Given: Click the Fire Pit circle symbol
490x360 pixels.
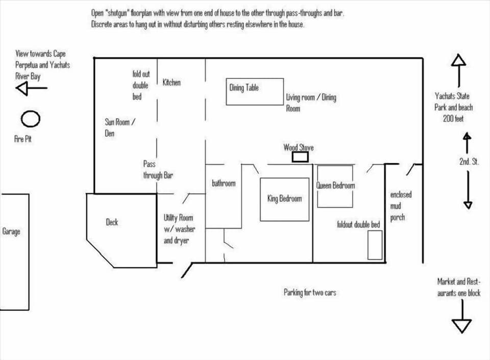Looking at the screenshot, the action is [x=31, y=119].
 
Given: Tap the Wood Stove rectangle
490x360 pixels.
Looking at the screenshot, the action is [x=300, y=157].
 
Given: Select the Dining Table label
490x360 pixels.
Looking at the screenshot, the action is [x=244, y=88].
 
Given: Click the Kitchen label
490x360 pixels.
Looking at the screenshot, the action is [x=171, y=82].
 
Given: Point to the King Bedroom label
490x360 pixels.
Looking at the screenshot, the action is [x=284, y=199].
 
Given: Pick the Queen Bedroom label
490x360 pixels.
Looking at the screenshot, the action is [x=335, y=186].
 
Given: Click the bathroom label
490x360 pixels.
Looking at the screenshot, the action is [x=224, y=183].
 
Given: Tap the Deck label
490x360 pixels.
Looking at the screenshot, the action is [x=112, y=222].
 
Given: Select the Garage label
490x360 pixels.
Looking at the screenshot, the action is [x=11, y=232].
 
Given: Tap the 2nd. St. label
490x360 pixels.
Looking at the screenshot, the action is [x=469, y=162].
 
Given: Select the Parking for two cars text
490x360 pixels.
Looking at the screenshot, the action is [x=310, y=293].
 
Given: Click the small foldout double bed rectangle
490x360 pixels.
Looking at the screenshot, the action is [x=375, y=245].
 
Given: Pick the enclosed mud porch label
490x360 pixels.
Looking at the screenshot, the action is [x=400, y=206].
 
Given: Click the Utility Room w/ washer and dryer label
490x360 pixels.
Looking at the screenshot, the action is [x=179, y=229].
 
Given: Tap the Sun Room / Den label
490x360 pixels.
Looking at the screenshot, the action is [x=120, y=127].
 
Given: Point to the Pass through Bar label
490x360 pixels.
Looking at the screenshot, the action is [x=158, y=170].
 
